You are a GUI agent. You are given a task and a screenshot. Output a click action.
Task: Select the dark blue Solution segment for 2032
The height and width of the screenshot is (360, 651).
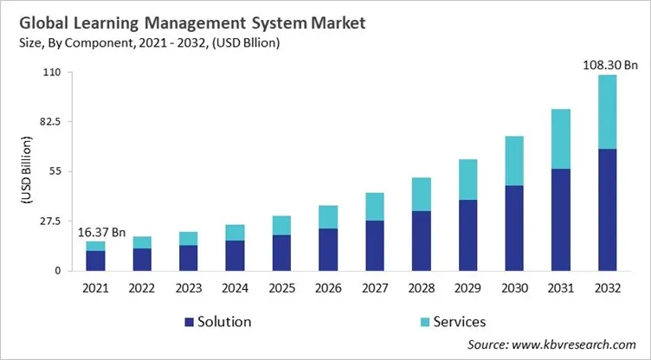[608, 209]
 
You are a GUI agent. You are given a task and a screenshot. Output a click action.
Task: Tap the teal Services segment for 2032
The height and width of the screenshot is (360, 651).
[608, 112]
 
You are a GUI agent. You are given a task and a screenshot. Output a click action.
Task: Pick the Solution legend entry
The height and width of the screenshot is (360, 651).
[217, 322]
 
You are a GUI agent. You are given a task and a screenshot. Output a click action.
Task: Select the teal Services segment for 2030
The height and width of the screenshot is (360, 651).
[514, 161]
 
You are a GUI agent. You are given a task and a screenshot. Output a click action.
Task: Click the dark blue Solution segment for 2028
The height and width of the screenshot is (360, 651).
[422, 241]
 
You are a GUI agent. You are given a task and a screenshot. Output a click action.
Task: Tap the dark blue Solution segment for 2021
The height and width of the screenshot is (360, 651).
[96, 260]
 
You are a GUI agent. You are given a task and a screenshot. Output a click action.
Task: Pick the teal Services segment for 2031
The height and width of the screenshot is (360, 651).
[561, 138]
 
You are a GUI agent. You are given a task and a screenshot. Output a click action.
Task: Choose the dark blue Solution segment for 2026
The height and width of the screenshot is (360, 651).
[328, 249]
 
